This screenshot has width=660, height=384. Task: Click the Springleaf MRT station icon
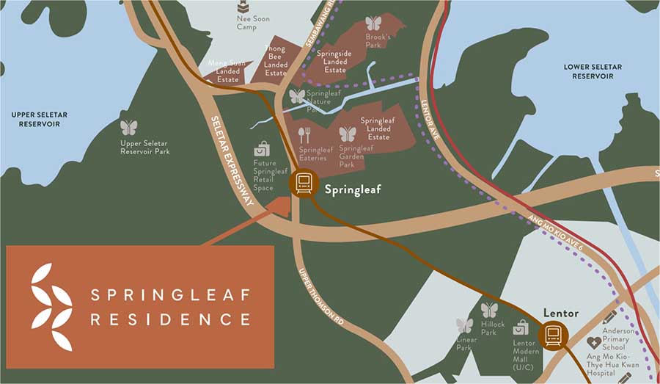pos(302,183)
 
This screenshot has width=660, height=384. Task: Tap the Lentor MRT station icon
pos(552,336)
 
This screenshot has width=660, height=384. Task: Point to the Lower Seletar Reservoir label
pos(593,71)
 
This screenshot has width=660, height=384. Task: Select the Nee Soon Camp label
pos(246,23)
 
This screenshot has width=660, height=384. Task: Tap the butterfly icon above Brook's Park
pos(373,23)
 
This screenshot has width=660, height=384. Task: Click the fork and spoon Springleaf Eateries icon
pos(304,135)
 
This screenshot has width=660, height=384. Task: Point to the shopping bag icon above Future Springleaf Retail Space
pos(262,149)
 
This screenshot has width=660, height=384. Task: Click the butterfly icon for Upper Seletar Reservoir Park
pos(129,128)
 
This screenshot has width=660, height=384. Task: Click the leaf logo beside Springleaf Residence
pos(52,305)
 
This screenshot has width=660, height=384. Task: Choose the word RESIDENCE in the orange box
pos(170,319)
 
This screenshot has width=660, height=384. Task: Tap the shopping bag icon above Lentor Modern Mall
pos(521,327)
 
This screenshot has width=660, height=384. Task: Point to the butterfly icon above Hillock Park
pos(489,310)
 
